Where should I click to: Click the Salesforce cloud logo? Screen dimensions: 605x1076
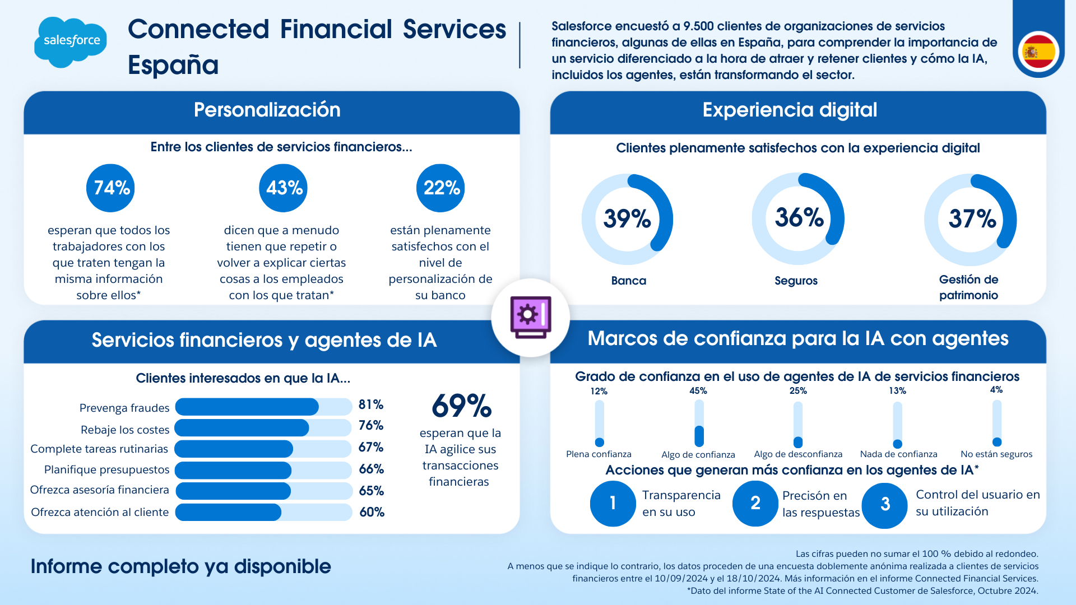71,41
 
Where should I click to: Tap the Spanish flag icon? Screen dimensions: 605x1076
1038,52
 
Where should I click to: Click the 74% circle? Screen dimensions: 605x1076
111,188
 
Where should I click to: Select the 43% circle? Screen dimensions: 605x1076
284,188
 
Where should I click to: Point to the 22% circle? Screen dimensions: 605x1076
441,188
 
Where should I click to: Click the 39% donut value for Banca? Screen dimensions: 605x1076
627,218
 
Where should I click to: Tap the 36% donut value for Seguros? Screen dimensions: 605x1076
799,217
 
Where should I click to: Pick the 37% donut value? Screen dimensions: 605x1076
971,218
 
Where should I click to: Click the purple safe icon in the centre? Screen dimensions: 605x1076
530,317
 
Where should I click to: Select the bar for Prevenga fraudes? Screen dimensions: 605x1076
263,407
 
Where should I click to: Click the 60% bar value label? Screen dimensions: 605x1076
372,512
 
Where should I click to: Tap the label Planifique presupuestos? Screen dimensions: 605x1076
106,469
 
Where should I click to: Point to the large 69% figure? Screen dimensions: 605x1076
461,406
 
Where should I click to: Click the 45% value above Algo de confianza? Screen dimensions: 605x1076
698,391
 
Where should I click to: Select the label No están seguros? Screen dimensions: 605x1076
996,454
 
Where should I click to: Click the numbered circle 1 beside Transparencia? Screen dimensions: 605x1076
613,503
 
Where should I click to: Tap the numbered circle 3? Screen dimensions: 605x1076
885,505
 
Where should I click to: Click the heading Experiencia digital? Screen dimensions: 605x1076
790,110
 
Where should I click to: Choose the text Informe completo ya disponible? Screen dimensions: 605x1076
180,566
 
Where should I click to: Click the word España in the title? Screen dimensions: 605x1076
173,65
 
